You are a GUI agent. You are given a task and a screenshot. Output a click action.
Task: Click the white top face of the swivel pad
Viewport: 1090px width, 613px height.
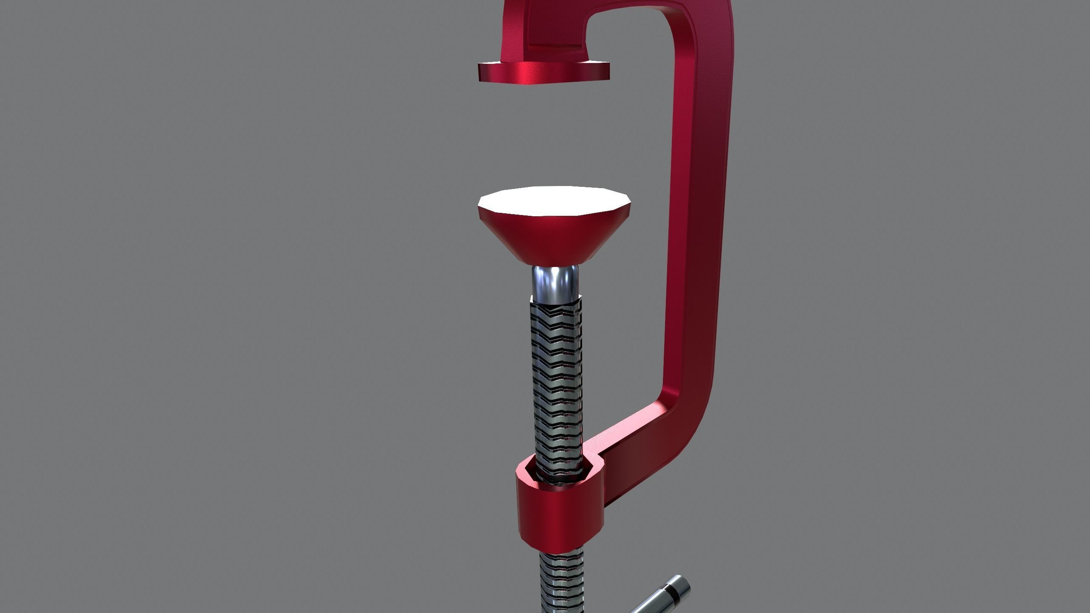click(x=554, y=201)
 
